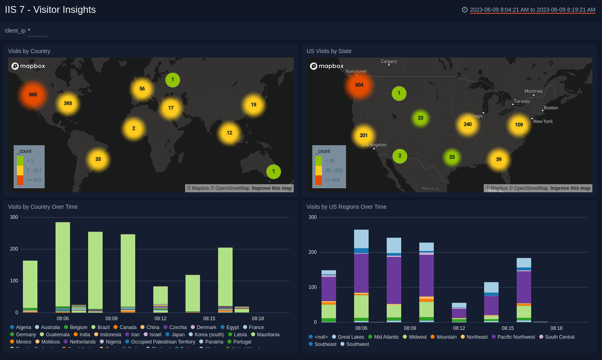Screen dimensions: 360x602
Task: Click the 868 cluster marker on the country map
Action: pos(33,95)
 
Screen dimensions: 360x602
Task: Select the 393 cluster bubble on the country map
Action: pos(68,103)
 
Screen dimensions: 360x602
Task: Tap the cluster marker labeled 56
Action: pos(142,89)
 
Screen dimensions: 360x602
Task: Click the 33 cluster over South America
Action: pos(98,159)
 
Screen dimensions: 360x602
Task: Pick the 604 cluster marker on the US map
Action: pos(359,85)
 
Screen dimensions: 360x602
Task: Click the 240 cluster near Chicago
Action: pos(468,124)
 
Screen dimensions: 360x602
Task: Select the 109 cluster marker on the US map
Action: pos(519,125)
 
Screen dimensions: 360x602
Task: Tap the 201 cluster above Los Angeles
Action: pos(364,136)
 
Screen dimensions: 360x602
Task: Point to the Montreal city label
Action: pos(534,91)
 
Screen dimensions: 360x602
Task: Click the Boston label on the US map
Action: pos(550,108)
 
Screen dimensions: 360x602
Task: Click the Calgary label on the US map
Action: pos(389,62)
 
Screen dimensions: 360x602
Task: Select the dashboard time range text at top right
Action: pos(532,10)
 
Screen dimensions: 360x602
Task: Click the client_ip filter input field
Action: pos(38,31)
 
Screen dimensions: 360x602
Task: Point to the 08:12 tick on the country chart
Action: pos(161,319)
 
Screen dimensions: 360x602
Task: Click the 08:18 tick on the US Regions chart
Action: pos(556,328)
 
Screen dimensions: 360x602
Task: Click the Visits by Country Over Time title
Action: pos(43,207)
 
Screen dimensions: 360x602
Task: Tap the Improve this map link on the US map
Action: pos(570,188)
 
